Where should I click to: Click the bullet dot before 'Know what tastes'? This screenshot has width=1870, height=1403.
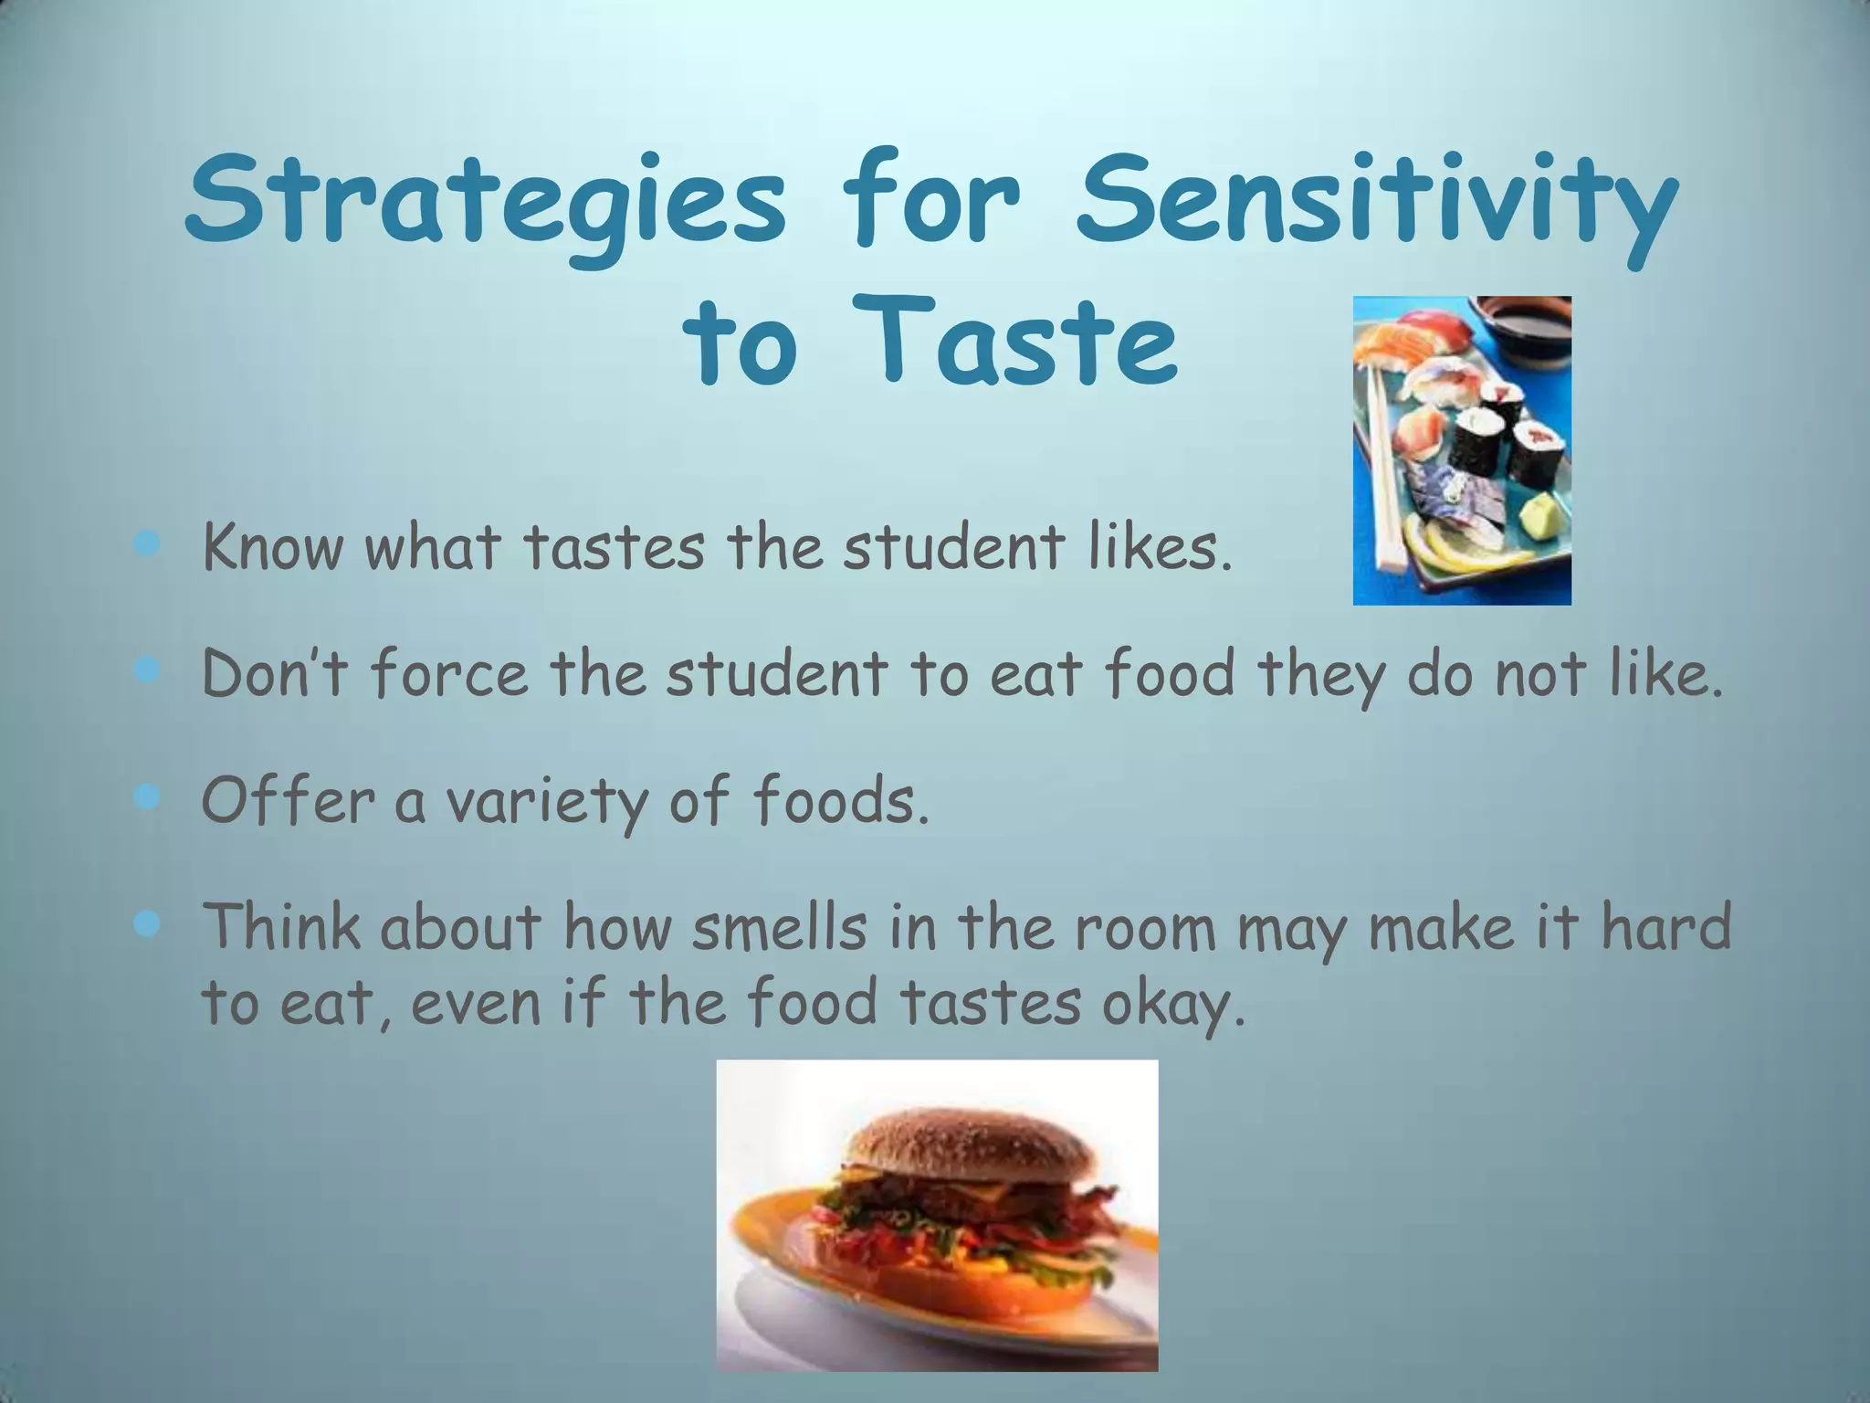point(146,546)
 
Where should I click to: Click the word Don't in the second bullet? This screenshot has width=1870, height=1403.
point(273,674)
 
